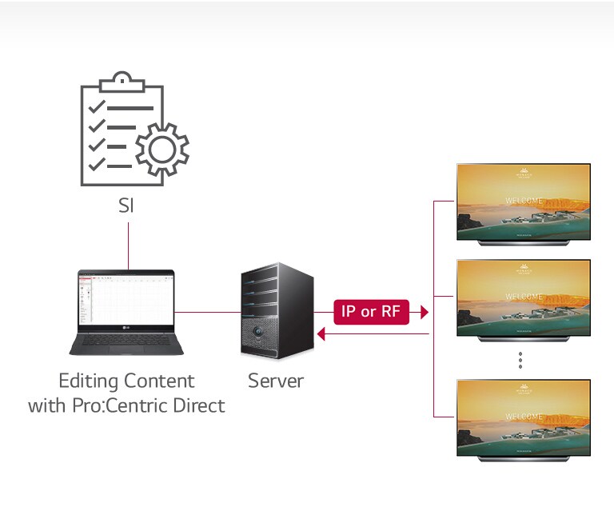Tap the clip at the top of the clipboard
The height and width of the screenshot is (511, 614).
tap(121, 81)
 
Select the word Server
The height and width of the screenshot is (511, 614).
tap(275, 381)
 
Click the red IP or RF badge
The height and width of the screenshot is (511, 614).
tap(370, 312)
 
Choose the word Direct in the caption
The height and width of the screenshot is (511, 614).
tap(198, 405)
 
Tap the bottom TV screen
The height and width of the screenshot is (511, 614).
tap(524, 417)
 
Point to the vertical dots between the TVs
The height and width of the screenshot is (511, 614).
tap(520, 361)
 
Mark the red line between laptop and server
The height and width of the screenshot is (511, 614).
tap(206, 311)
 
